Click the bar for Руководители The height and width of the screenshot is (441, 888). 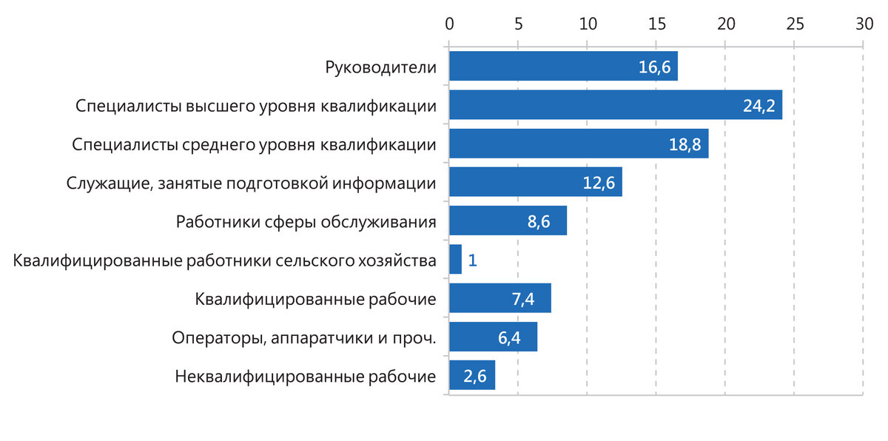562,67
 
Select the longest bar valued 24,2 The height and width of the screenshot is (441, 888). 614,105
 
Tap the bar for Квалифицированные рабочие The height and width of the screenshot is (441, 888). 499,298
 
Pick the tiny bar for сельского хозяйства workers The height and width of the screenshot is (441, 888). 455,260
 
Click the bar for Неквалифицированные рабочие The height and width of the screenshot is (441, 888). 471,376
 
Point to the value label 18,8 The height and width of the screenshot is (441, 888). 684,144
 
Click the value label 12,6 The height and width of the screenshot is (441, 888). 599,183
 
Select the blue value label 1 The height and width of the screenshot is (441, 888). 472,260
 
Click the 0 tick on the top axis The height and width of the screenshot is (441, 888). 449,24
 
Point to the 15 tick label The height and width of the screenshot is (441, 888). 656,24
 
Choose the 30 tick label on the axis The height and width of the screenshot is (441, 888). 864,24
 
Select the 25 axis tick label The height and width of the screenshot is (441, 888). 795,24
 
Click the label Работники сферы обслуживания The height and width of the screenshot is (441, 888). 306,222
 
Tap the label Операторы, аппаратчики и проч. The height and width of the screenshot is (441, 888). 303,338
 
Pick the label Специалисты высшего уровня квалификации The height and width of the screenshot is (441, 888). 255,106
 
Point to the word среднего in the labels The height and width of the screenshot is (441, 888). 218,144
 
